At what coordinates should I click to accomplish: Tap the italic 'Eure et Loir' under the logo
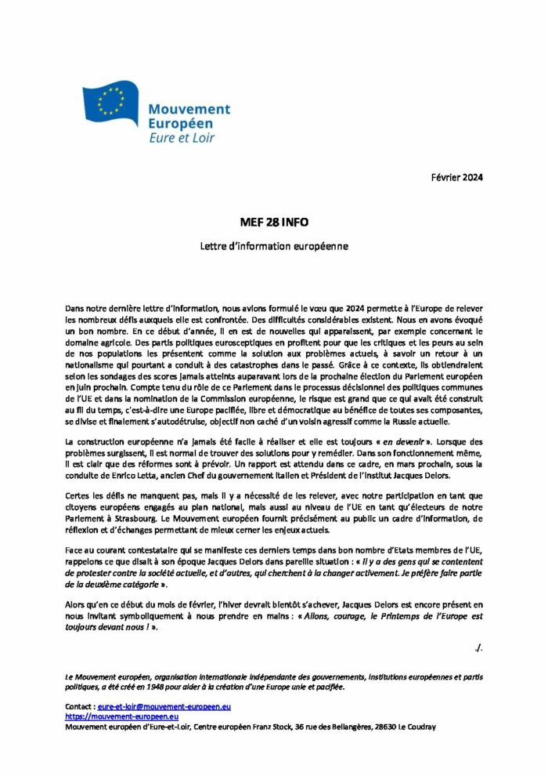[182, 138]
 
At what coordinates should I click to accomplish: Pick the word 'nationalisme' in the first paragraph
[101, 365]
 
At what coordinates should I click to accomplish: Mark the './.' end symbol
[478, 647]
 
